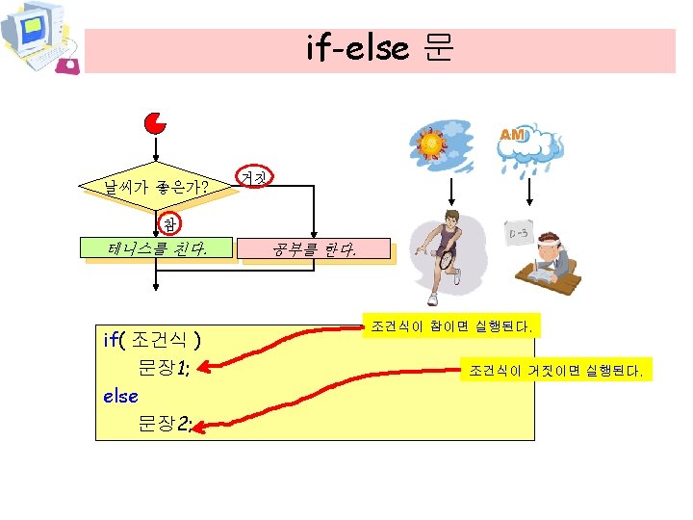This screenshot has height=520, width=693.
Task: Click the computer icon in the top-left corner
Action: [38, 39]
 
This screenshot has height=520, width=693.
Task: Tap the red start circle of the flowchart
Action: [154, 124]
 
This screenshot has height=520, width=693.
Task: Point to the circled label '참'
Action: [169, 224]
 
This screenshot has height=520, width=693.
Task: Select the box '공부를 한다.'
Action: [314, 252]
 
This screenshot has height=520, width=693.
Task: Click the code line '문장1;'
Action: [169, 367]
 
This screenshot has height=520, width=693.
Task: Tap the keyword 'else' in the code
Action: [120, 396]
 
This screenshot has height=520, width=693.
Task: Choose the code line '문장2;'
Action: [169, 424]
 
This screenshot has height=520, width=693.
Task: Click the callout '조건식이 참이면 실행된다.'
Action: [449, 326]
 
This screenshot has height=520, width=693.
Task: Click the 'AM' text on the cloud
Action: [513, 136]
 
